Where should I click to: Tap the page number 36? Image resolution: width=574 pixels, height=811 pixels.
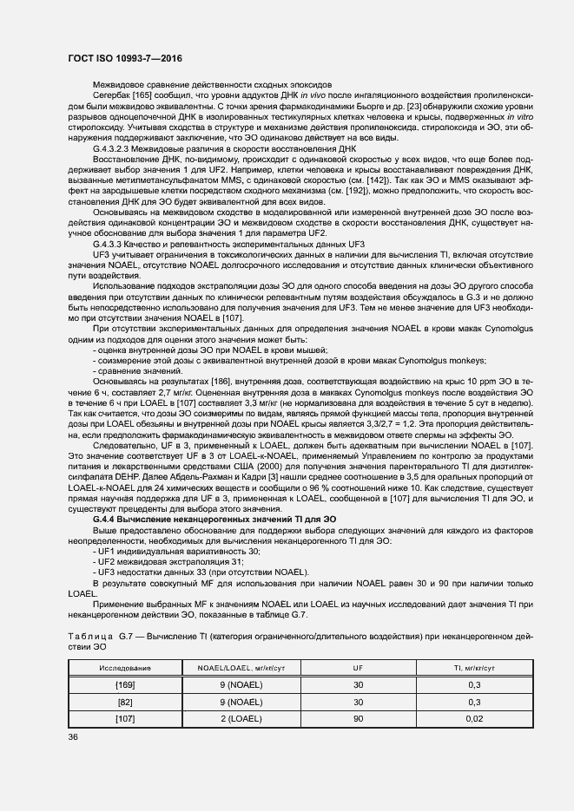coord(73,737)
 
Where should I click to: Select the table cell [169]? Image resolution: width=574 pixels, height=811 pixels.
coord(125,685)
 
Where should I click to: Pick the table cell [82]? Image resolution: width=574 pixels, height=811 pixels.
coord(125,702)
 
